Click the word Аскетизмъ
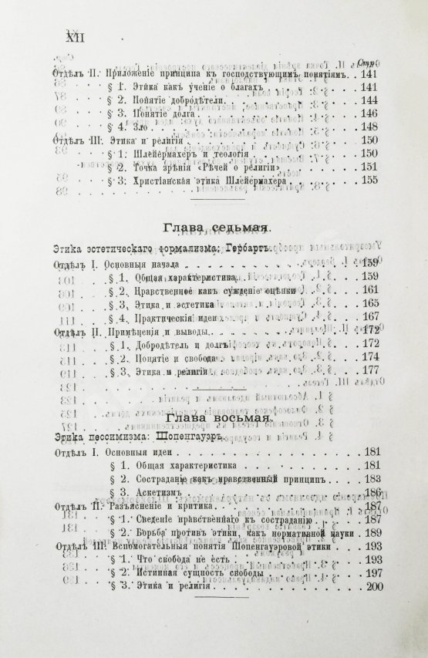pyautogui.click(x=161, y=492)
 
